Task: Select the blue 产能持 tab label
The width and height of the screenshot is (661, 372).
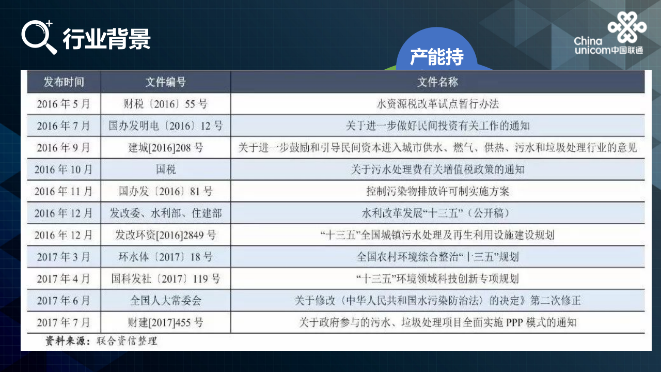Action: [x=437, y=57]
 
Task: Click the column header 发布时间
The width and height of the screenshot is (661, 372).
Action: [x=64, y=82]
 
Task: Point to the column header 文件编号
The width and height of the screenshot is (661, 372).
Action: [x=166, y=82]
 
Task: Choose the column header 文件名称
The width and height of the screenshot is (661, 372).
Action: [x=437, y=82]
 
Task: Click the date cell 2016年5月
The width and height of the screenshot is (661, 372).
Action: [x=64, y=104]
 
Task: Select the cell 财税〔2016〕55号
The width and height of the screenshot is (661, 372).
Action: [x=166, y=104]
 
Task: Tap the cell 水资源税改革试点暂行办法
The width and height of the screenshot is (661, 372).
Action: [x=437, y=104]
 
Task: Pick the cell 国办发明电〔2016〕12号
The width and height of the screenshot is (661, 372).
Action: [x=166, y=126]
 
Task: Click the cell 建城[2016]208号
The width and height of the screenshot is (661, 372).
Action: [x=166, y=148]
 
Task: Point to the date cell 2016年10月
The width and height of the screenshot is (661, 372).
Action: [x=64, y=169]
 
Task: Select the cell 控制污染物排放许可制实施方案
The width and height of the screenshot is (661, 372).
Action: [x=437, y=191]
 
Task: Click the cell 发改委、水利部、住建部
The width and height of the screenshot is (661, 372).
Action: [x=166, y=213]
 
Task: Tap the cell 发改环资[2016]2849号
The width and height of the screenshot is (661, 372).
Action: [x=166, y=235]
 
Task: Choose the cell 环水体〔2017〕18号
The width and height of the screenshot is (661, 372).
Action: [x=166, y=257]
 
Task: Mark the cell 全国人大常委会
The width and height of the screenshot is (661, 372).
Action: [x=166, y=300]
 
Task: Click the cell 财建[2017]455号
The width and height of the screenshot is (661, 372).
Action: [x=166, y=322]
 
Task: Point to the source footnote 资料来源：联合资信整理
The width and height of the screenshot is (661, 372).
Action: [x=101, y=341]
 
